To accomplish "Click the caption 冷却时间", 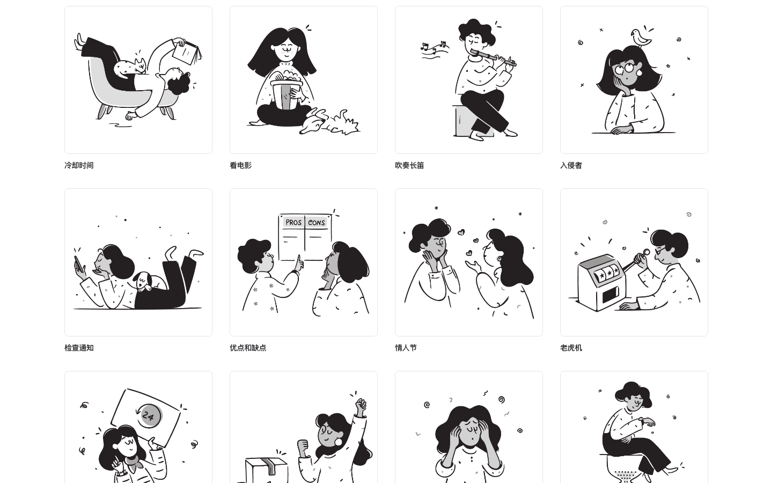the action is (79, 165).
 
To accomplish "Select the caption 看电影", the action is (240, 165).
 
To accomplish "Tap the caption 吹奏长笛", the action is (409, 165).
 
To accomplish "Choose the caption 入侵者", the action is (571, 165).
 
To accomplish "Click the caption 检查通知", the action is (79, 348).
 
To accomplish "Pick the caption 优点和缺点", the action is (248, 348).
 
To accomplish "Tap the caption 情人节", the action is (406, 348).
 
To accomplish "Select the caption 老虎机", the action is (571, 348).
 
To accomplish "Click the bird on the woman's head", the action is (641, 38).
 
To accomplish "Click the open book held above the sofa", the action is (186, 53).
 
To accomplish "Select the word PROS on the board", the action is (293, 222).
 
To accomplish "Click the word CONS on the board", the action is (317, 223).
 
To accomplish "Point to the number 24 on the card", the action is (148, 416).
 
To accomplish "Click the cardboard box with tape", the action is (267, 470).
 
